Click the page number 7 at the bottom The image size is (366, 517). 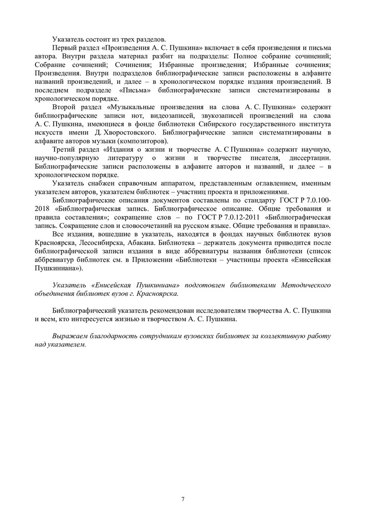click(x=183, y=499)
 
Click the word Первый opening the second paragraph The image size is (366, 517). click(x=65, y=48)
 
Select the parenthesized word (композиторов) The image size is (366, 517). click(x=144, y=141)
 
